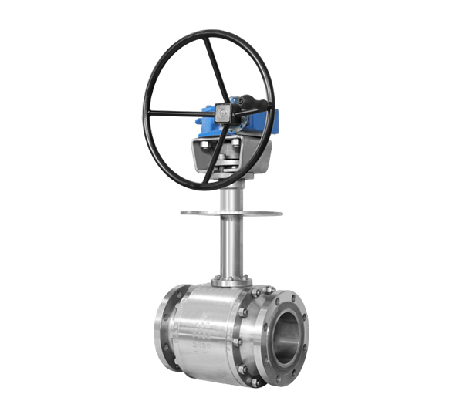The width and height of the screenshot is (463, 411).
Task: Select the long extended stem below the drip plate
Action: (x=230, y=247)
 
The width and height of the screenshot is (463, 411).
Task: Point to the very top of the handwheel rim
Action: (x=208, y=32)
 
